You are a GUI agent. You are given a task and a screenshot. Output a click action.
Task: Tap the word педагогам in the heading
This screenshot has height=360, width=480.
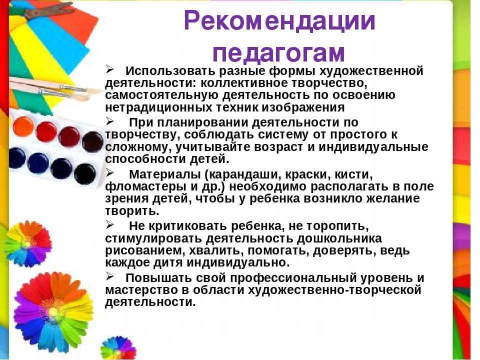278,51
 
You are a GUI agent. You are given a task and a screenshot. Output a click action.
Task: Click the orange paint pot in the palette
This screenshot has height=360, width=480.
23,126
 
